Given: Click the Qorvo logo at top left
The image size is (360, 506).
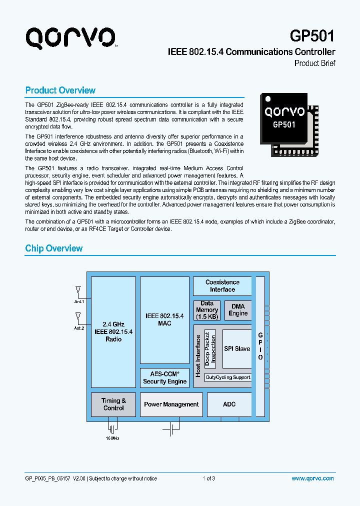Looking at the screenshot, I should [71, 37].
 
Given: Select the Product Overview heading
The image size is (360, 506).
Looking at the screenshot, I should [60, 90].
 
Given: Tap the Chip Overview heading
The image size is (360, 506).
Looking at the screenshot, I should [53, 248].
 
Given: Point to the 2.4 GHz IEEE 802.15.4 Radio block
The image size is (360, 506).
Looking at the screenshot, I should [113, 332].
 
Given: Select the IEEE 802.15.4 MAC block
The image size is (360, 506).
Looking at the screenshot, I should [164, 320].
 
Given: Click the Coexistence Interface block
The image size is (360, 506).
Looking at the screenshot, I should [222, 286].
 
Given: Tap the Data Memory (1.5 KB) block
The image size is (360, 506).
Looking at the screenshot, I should [206, 310].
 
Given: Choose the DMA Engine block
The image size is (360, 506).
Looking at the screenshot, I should [238, 310].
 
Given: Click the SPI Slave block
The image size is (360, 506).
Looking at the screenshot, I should [236, 348].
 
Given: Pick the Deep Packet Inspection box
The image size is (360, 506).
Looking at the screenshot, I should [210, 348].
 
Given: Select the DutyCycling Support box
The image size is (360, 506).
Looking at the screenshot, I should [227, 377].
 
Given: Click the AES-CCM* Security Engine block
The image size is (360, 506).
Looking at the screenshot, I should [164, 377].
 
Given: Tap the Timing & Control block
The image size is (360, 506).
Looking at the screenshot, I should [113, 404].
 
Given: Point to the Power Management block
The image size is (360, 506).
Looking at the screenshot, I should [171, 404].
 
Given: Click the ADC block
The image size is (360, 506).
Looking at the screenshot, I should [229, 404].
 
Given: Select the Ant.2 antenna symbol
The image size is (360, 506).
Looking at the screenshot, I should [77, 316].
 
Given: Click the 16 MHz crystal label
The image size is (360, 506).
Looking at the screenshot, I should [112, 438].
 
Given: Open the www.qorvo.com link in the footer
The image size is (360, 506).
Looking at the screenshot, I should [312, 478].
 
